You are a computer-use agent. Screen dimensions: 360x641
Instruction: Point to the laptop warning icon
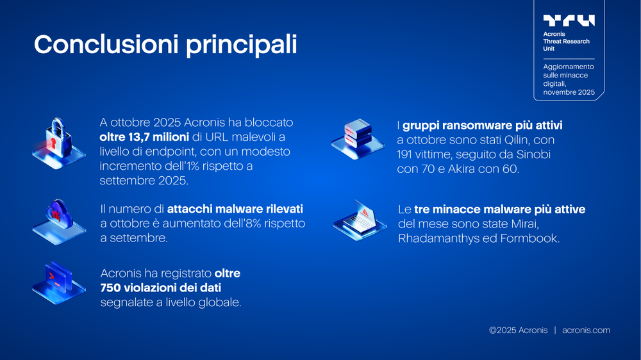(x=360, y=219)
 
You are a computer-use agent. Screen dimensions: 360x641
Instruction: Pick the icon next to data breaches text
(x=58, y=282)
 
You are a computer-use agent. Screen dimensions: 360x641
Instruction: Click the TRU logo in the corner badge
(x=569, y=20)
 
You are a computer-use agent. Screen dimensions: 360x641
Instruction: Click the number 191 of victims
(x=407, y=154)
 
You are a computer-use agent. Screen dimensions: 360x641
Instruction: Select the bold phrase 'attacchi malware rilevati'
(x=235, y=209)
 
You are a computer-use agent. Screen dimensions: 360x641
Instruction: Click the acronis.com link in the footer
(x=586, y=331)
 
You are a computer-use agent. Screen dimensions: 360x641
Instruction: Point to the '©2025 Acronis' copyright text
(x=518, y=331)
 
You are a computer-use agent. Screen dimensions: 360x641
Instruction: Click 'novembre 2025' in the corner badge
(x=569, y=92)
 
